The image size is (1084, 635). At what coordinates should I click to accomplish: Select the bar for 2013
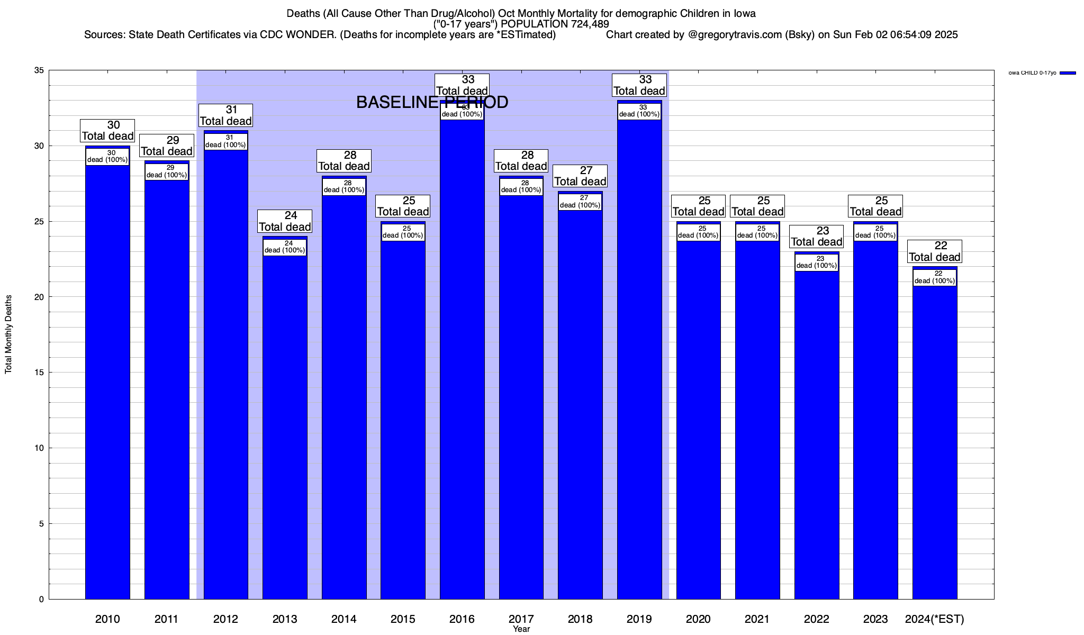(x=285, y=423)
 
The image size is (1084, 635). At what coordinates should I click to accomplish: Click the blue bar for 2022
(x=817, y=434)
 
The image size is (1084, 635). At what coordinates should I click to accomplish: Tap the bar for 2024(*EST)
(x=935, y=439)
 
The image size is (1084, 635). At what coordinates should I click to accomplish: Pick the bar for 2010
(x=107, y=381)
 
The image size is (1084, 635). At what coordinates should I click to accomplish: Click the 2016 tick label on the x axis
(x=462, y=619)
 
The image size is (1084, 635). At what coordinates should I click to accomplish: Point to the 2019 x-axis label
(x=639, y=619)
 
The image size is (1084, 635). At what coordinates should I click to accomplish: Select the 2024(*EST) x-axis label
(x=935, y=619)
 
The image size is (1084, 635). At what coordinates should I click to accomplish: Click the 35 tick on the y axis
(x=39, y=70)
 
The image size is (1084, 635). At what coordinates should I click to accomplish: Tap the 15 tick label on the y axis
(x=39, y=373)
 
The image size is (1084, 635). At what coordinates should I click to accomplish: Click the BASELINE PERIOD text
(x=432, y=102)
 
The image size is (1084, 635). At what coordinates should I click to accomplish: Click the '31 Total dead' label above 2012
(x=225, y=115)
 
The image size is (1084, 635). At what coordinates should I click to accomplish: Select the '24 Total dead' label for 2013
(x=285, y=221)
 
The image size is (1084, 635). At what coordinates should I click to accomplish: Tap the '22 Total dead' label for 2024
(x=935, y=251)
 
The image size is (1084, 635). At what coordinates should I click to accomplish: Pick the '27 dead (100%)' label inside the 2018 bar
(x=580, y=202)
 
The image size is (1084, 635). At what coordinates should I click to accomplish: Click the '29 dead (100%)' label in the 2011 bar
(x=167, y=171)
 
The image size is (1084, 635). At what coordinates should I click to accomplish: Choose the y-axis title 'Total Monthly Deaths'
(x=8, y=334)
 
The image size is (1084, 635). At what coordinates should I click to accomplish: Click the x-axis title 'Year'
(x=521, y=629)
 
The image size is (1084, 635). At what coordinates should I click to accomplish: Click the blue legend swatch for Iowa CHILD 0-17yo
(x=1068, y=73)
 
